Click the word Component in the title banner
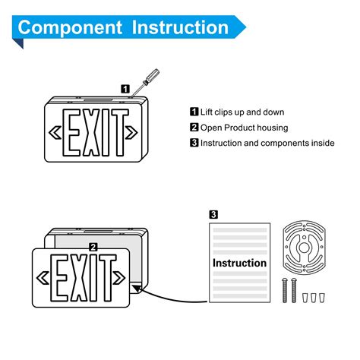click(x=71, y=28)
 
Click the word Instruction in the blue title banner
click(x=180, y=28)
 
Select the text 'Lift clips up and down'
click(x=242, y=112)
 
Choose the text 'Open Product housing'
click(x=241, y=128)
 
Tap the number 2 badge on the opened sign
click(x=93, y=246)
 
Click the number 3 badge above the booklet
click(x=214, y=215)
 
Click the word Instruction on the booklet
click(x=239, y=263)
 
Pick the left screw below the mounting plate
click(x=285, y=291)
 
